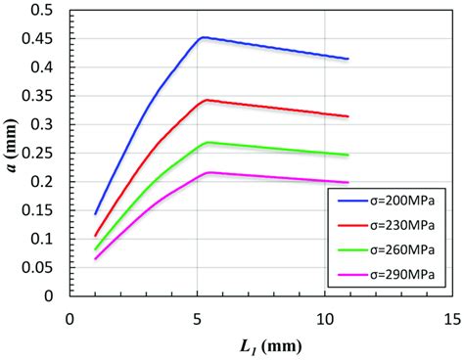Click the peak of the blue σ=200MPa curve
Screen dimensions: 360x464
tap(202, 37)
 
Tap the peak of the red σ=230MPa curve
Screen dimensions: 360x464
tap(204, 100)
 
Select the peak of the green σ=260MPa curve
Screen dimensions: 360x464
tap(206, 142)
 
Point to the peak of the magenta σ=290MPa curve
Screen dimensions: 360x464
tap(208, 172)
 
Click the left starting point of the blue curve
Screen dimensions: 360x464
tap(95, 213)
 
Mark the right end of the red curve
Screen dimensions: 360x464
tap(348, 116)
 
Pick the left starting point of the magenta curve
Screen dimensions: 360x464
tap(95, 258)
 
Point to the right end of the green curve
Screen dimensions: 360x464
tap(348, 155)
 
